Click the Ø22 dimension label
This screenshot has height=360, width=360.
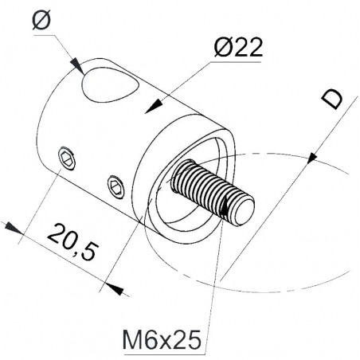coord(238,47)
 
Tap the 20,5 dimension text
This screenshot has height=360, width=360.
coord(73,242)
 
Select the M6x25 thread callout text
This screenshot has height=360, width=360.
coord(162,340)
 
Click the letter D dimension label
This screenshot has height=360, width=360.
coord(332,99)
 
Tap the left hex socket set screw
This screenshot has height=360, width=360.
coord(66,158)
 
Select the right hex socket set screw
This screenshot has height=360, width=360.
coord(116,187)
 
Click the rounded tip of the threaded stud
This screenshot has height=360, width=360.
coord(245,212)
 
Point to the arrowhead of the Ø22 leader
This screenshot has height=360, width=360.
coord(154,107)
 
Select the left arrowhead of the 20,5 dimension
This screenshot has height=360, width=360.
coord(14,228)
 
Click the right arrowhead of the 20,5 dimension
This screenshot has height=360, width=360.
coord(115,288)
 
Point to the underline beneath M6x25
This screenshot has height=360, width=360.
coord(165,354)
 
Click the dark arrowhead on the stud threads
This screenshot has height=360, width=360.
coord(225,206)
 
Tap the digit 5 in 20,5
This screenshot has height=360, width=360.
coord(89,251)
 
